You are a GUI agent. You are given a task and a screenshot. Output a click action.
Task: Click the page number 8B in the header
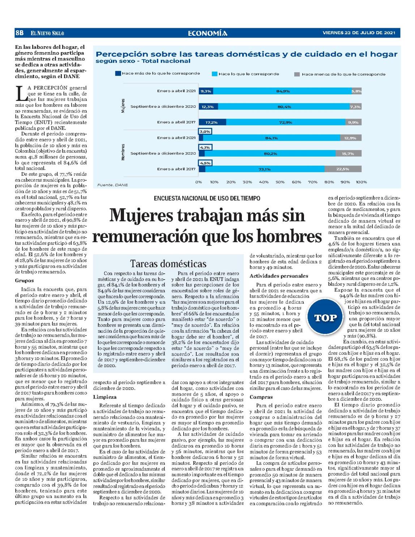20,33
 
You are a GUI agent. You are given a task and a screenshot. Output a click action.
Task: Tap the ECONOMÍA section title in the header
208,33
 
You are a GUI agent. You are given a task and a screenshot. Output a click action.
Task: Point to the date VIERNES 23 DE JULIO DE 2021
359,33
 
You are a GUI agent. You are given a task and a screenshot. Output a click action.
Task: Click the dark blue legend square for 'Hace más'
118,74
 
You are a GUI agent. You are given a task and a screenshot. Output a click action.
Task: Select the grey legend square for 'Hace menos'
297,74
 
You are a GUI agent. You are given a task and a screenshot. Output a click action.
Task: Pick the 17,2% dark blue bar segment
213,122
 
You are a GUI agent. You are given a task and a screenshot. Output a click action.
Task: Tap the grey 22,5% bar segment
343,169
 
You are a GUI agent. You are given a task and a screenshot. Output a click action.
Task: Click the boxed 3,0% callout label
205,132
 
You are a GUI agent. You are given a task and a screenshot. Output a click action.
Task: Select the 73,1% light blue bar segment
265,169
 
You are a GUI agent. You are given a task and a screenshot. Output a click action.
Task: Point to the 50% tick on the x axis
280,182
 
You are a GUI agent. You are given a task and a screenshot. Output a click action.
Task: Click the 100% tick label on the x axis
361,182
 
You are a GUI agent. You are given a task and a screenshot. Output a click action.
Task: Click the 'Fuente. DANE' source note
113,185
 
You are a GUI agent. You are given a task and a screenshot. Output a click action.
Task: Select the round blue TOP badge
325,318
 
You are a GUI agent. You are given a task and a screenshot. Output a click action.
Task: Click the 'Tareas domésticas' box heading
168,264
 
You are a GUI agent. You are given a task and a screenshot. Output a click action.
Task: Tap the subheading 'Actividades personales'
279,276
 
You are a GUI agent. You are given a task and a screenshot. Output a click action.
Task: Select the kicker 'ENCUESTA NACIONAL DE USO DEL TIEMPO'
207,198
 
